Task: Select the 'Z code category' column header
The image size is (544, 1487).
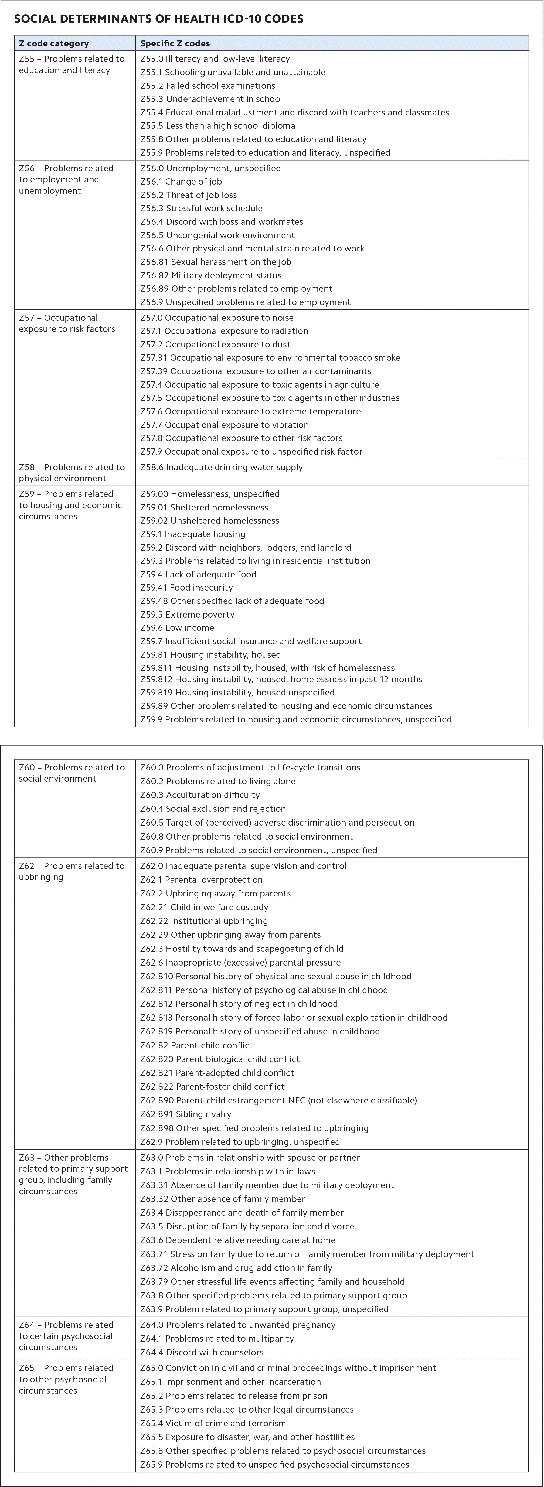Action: pyautogui.click(x=54, y=43)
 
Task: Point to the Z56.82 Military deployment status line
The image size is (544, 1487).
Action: pyautogui.click(x=211, y=275)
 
